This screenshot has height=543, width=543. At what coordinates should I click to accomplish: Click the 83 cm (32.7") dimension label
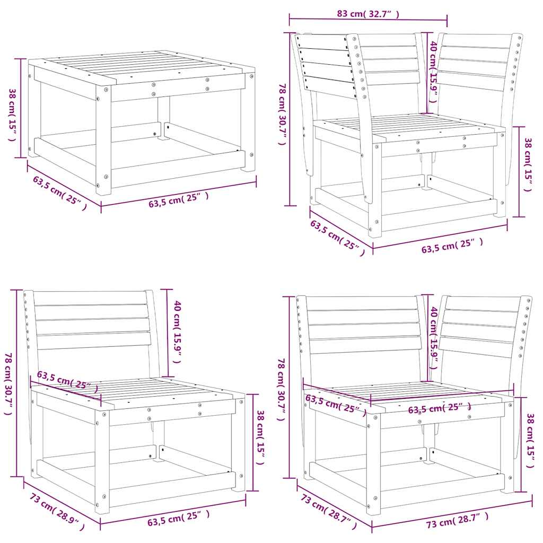pos(367,14)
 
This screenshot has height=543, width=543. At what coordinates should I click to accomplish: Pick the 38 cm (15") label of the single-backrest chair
pos(260,437)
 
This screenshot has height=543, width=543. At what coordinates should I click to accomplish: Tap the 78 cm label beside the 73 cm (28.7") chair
pos(281,390)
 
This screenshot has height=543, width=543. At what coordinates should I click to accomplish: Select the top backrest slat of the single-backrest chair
pos(90,297)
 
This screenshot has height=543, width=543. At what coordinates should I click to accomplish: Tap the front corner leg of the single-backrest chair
pos(102,461)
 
